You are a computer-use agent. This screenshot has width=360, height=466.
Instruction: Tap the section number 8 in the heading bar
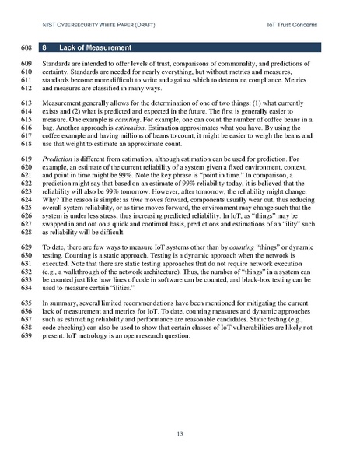click(46, 47)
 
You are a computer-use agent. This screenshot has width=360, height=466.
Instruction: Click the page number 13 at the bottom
click(180, 433)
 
